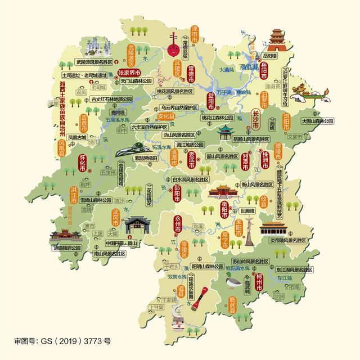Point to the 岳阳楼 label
[269, 56]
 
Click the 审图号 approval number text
[62, 340]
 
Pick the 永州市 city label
[178, 224]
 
